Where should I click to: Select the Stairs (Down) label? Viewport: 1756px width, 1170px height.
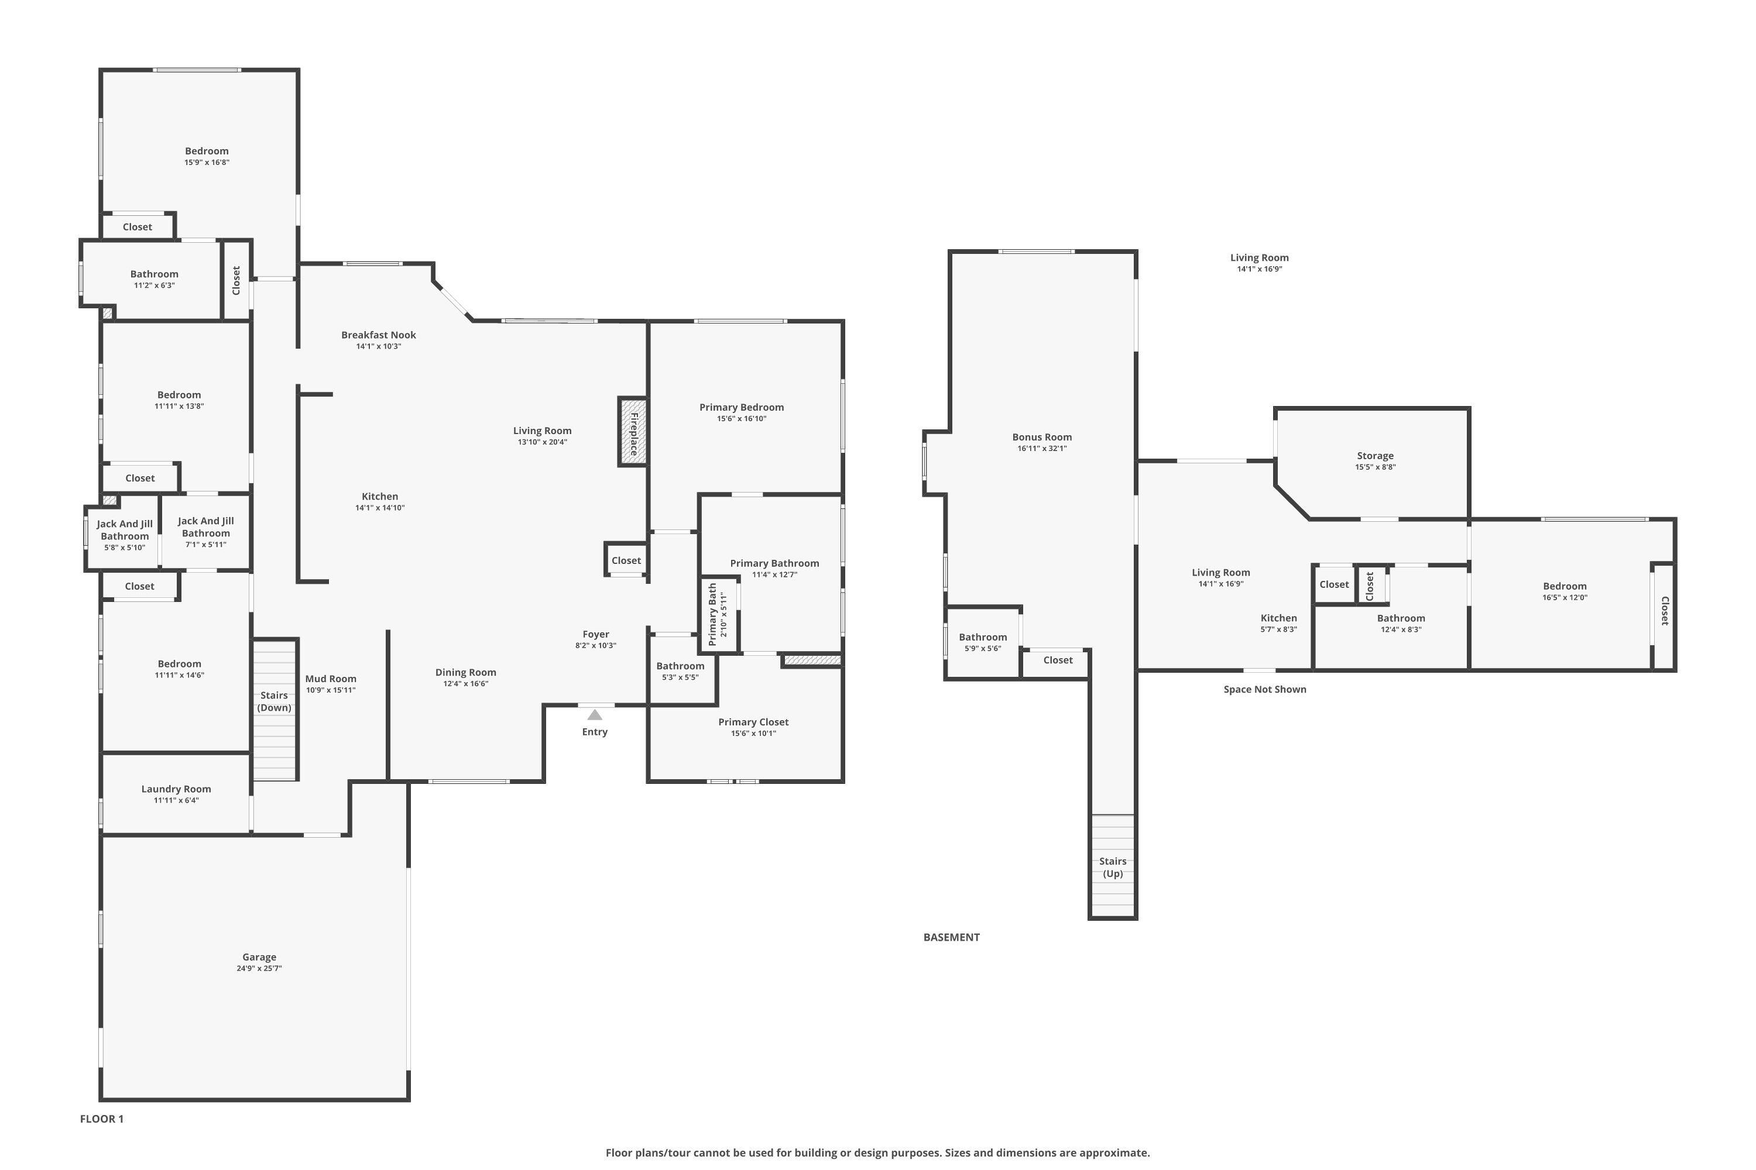click(274, 701)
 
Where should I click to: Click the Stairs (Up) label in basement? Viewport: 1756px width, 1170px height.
click(1113, 867)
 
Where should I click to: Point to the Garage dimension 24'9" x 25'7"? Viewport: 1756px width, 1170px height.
click(259, 969)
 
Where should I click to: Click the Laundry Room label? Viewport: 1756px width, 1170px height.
click(176, 789)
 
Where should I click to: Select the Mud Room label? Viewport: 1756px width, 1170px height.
click(331, 678)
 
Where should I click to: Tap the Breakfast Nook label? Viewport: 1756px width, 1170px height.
click(379, 335)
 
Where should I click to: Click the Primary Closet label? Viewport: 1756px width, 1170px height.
click(753, 721)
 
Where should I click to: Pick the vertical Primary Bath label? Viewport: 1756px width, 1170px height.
click(712, 615)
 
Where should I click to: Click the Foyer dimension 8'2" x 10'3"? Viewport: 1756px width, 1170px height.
click(596, 645)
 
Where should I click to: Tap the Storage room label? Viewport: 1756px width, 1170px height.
click(1375, 456)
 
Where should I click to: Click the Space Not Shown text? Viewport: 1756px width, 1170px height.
click(1265, 690)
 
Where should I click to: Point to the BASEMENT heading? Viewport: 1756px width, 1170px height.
click(951, 937)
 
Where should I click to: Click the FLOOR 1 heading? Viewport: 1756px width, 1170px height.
click(101, 1119)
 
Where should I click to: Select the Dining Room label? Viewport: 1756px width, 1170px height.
click(465, 672)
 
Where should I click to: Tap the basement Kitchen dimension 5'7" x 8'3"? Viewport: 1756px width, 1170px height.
click(1279, 629)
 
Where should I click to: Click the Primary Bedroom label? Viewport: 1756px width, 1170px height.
click(742, 407)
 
